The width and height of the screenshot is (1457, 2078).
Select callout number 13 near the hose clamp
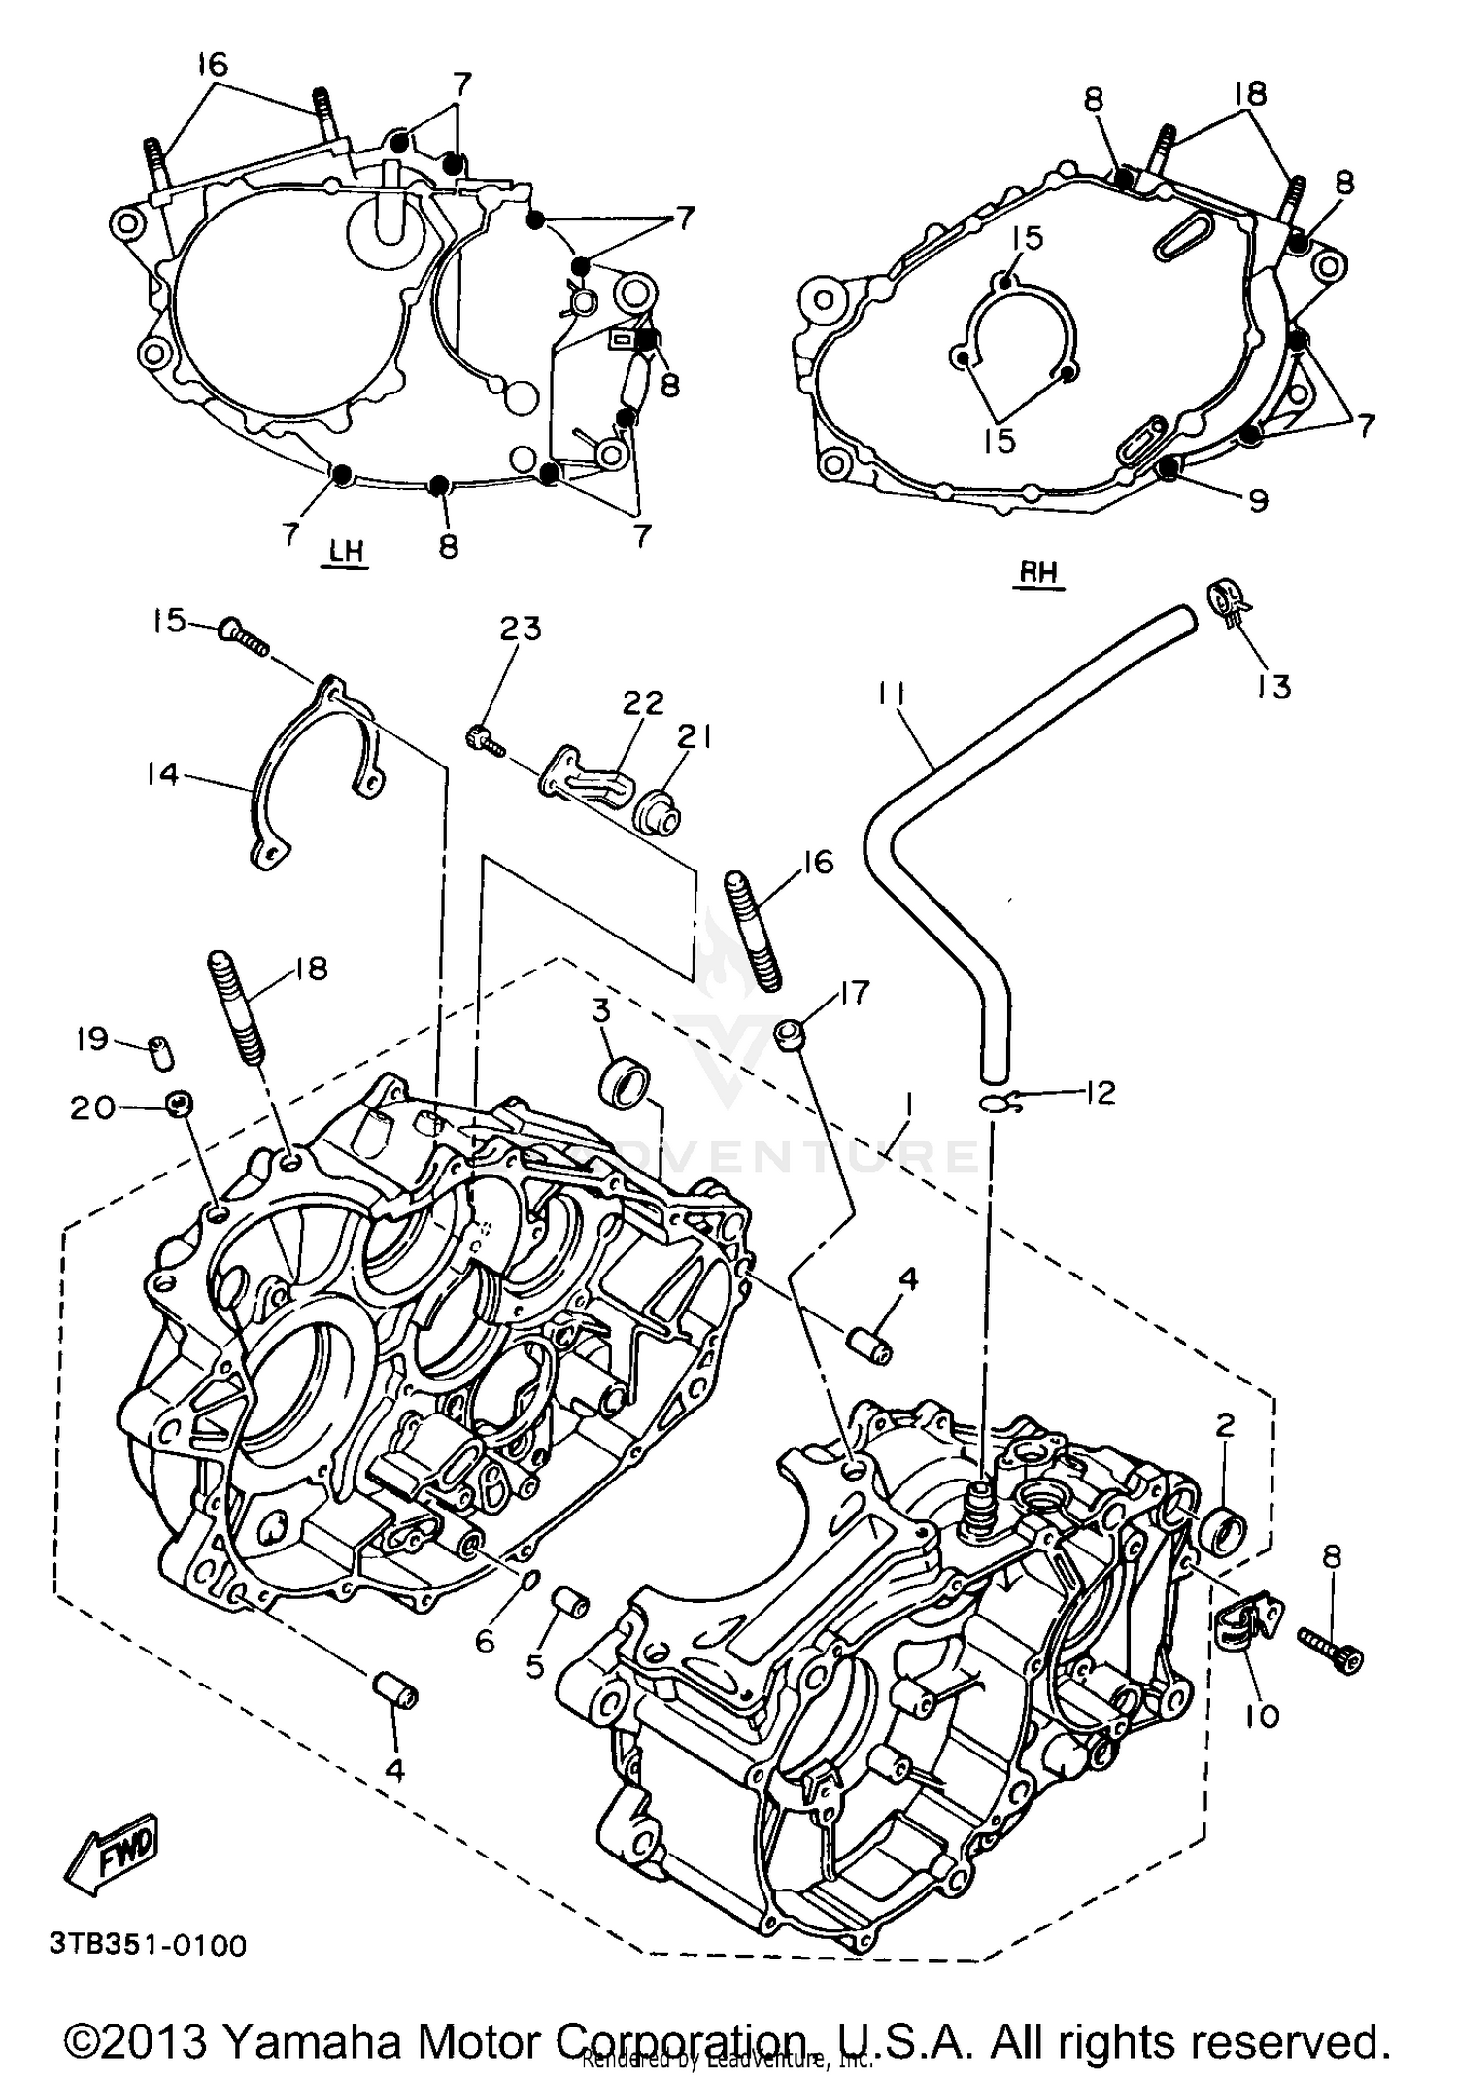click(x=1273, y=686)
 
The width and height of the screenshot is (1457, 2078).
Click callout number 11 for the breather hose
click(x=892, y=695)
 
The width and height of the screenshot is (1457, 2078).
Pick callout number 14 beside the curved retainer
click(x=163, y=773)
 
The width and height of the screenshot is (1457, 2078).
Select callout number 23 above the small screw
click(x=521, y=629)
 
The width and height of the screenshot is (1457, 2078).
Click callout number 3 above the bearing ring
click(x=601, y=1009)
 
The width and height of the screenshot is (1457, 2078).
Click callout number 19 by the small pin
click(x=92, y=1039)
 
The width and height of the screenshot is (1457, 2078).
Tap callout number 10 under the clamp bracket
click(x=1262, y=1716)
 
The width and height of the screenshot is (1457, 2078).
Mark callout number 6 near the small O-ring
click(x=485, y=1641)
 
